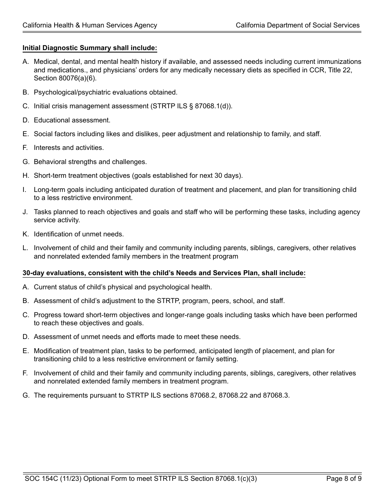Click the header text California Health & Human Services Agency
(x=90, y=25)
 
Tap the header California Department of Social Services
(x=297, y=25)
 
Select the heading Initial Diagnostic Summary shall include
(x=90, y=48)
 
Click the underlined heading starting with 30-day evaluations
(x=164, y=273)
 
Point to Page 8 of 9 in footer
(x=344, y=479)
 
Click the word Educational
(x=52, y=120)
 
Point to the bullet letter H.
(x=25, y=176)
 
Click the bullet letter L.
(x=25, y=248)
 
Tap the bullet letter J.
(x=25, y=212)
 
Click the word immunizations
(x=338, y=62)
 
